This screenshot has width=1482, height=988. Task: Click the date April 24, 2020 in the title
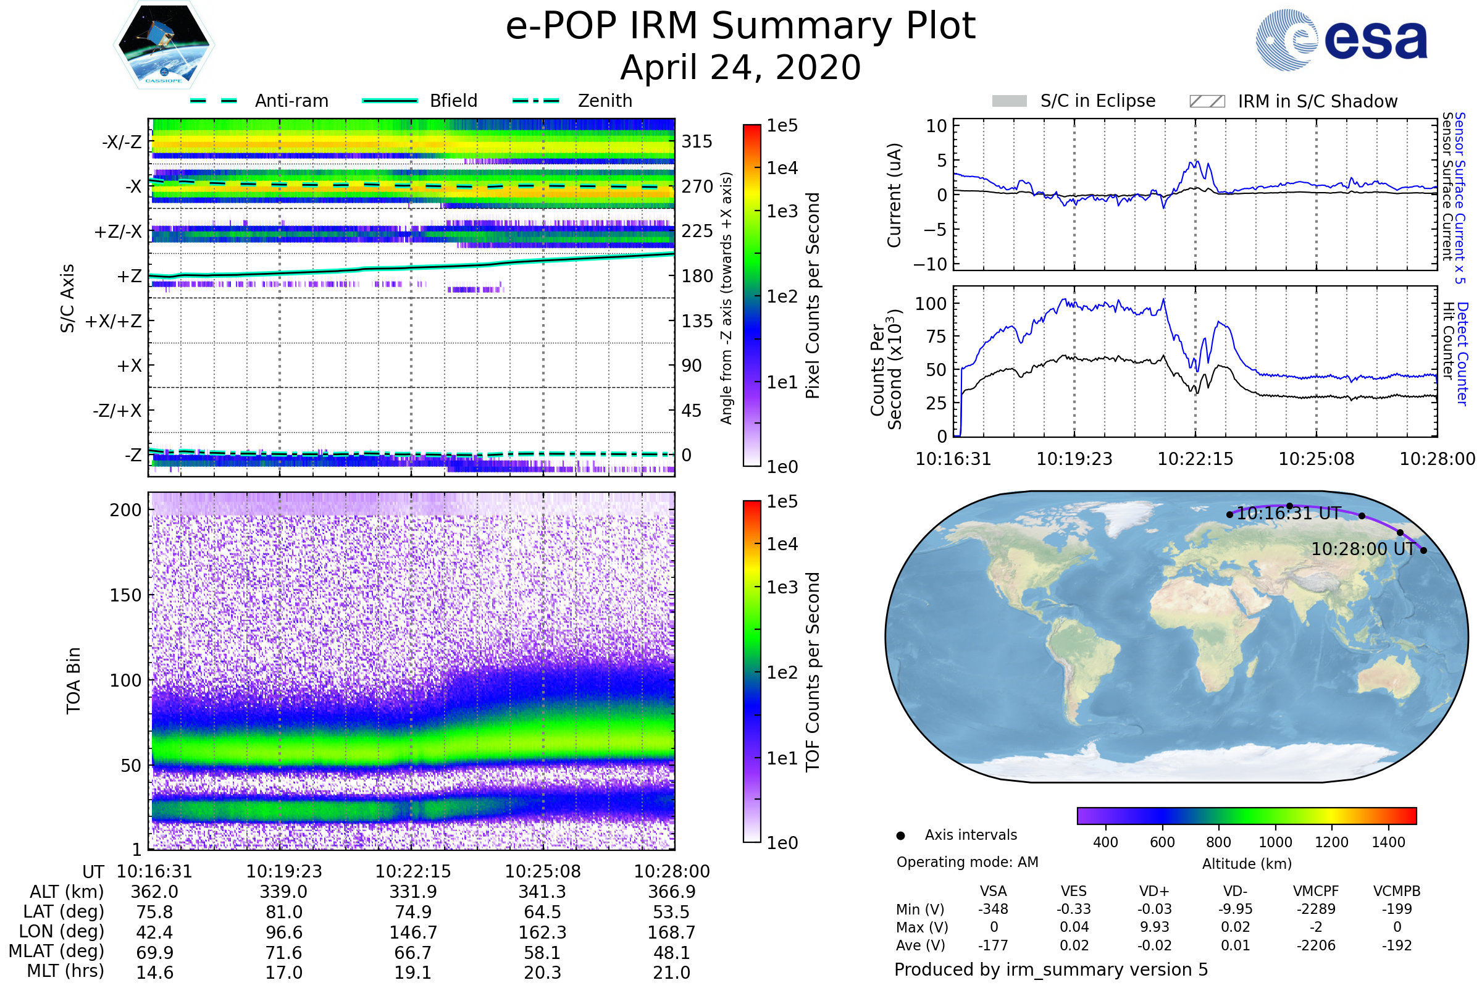(x=740, y=67)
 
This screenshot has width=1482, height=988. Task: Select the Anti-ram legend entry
(x=291, y=101)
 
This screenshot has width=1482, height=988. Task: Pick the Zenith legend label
(x=605, y=101)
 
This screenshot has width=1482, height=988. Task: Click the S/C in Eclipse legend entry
(x=1097, y=101)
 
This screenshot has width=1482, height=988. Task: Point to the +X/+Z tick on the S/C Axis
(x=114, y=321)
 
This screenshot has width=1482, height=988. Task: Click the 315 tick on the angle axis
(x=697, y=141)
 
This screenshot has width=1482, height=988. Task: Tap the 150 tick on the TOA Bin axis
(x=125, y=595)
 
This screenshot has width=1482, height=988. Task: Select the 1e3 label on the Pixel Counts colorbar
(x=782, y=211)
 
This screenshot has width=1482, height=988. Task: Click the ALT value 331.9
(x=413, y=892)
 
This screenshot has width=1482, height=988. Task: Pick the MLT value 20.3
(x=543, y=972)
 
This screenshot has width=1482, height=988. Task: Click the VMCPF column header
(x=1316, y=891)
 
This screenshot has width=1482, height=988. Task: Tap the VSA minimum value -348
(x=993, y=909)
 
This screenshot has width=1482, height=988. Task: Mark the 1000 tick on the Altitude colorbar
(x=1275, y=842)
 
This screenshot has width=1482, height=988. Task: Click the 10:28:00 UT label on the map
(x=1362, y=549)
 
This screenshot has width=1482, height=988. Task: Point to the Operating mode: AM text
(x=967, y=862)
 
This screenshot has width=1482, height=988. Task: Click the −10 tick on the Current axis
(x=931, y=264)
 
